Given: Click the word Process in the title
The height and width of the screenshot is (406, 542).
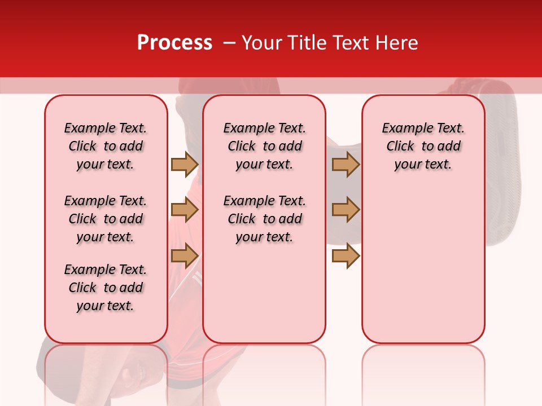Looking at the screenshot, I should (174, 43).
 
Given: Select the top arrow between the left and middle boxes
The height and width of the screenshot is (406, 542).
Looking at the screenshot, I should (185, 164).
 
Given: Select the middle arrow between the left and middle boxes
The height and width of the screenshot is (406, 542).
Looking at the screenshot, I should (185, 210).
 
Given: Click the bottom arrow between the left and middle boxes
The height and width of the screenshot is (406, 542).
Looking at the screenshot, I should (185, 255).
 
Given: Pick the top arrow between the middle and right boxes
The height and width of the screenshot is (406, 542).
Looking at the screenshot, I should (346, 164).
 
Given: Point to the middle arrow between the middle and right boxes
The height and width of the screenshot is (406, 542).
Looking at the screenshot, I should (346, 210).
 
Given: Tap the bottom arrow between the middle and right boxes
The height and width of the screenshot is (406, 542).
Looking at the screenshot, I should (346, 255).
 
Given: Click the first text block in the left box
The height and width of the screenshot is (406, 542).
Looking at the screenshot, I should (106, 146).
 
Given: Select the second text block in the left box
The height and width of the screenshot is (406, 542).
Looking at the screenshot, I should (106, 219).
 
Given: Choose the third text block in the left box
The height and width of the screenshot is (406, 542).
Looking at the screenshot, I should (106, 288).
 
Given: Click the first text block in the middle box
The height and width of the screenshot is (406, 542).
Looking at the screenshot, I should (264, 146).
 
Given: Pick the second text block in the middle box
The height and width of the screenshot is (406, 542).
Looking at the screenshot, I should (264, 219).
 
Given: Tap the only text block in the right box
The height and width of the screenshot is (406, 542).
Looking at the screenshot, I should (423, 146).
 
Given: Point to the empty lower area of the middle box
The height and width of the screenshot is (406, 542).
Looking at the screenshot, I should (264, 293).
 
